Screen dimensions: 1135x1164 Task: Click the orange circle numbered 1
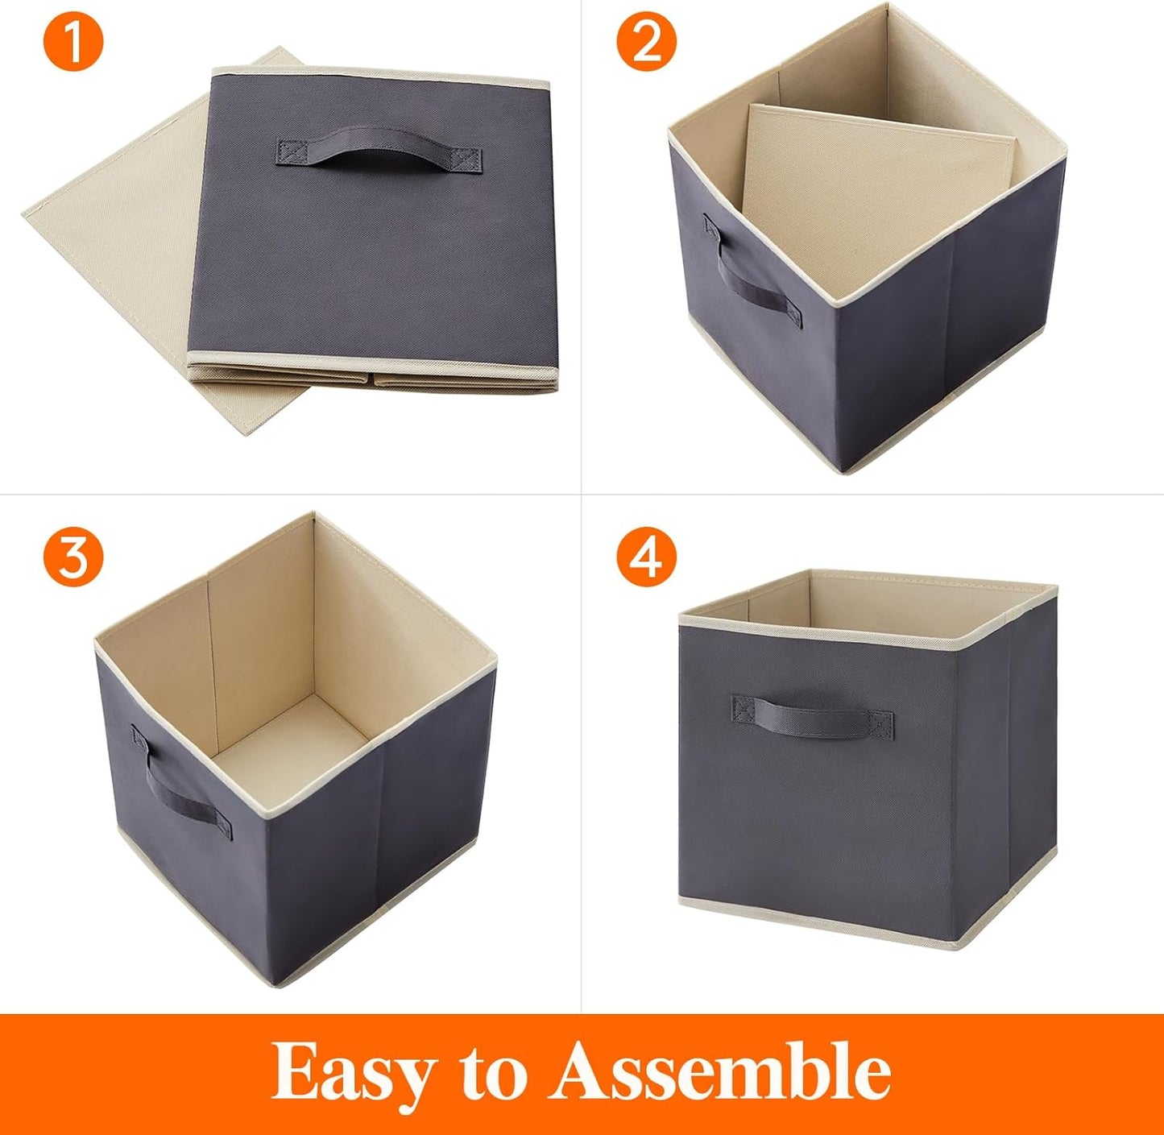coord(73,42)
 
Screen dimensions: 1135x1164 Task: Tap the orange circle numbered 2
coord(646,42)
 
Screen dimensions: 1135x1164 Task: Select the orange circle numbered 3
coord(73,556)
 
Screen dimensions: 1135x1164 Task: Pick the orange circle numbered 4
coord(646,556)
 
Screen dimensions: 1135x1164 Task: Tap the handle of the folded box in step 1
coord(379,151)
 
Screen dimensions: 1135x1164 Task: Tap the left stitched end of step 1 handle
coord(289,151)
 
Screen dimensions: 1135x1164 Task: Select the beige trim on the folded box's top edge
coord(379,76)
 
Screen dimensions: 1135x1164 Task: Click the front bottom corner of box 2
coord(842,467)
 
